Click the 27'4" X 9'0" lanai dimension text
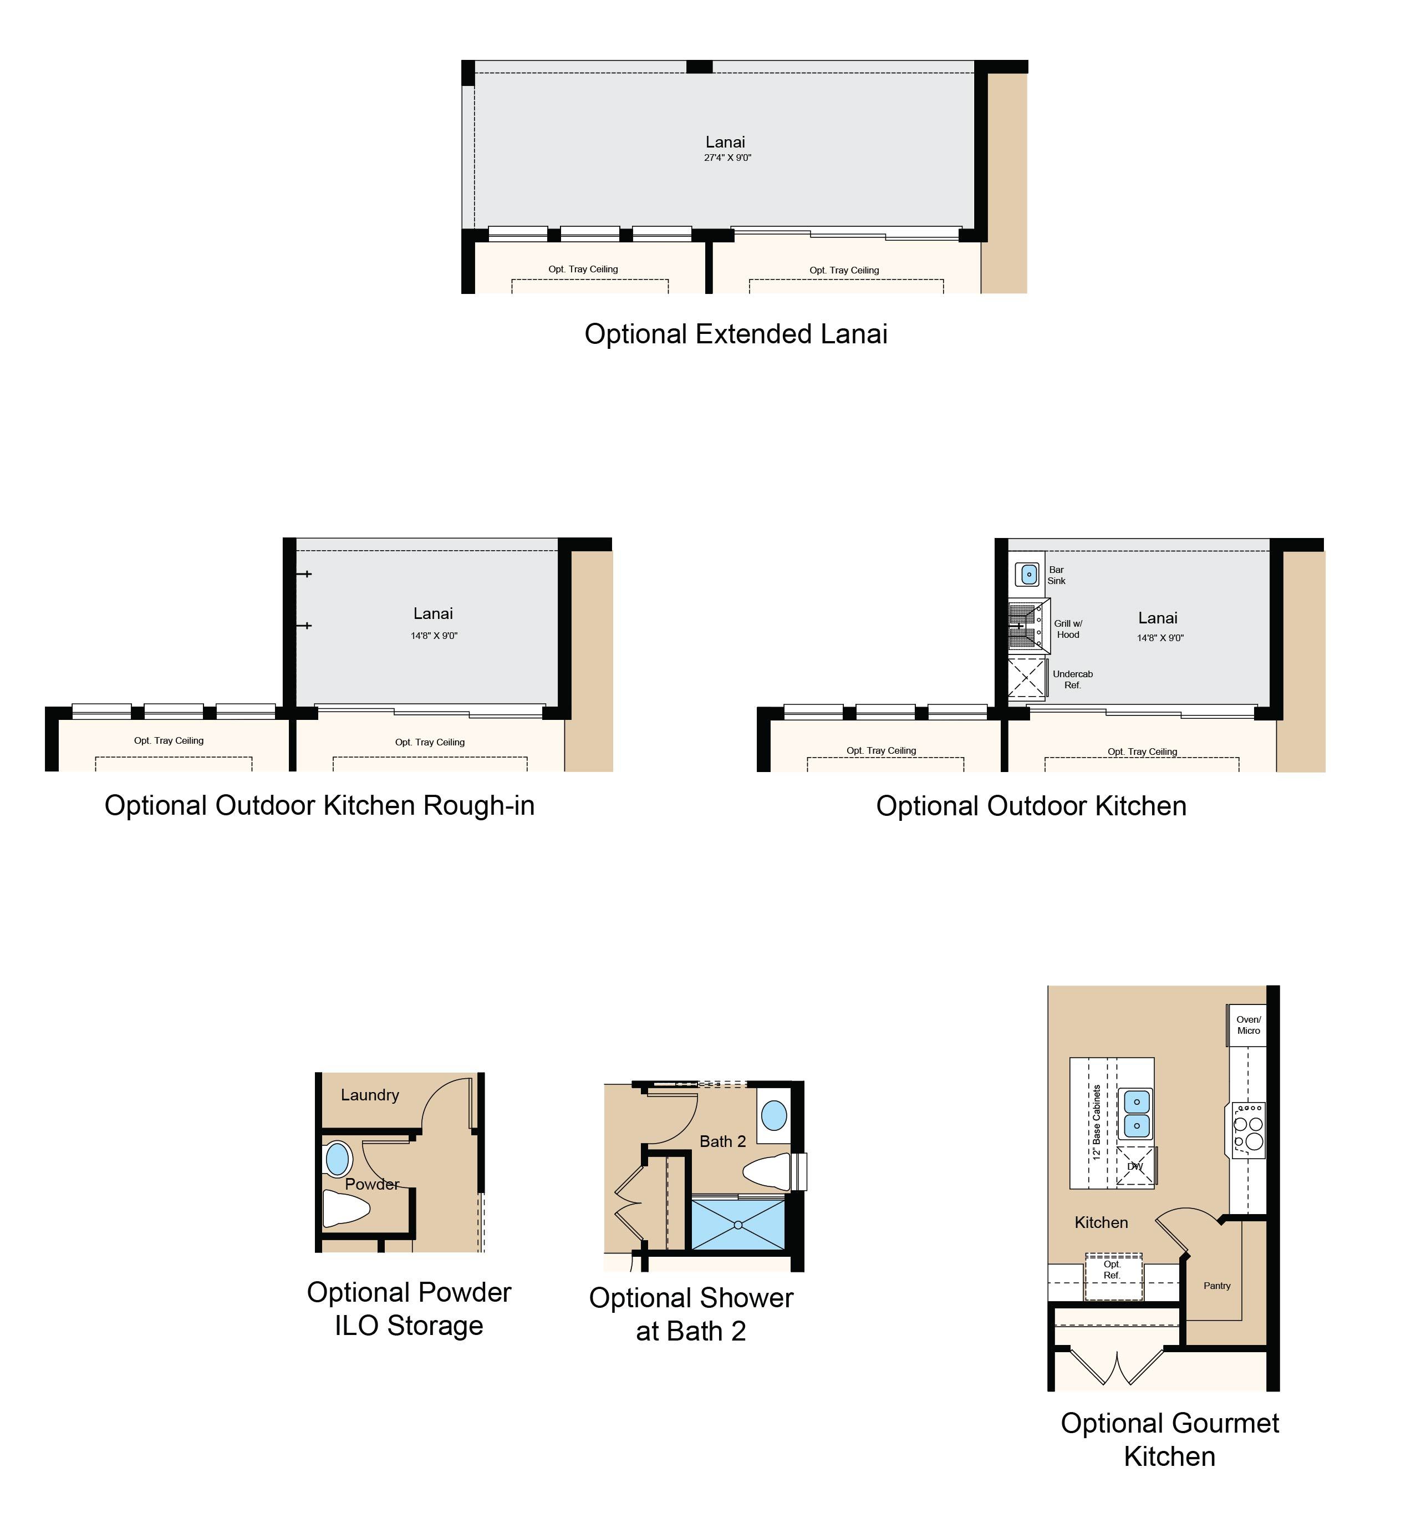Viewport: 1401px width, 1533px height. [x=727, y=158]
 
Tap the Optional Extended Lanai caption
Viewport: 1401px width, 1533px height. [x=736, y=334]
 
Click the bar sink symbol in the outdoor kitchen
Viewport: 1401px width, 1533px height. [x=1028, y=575]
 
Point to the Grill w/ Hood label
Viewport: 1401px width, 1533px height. [x=1068, y=629]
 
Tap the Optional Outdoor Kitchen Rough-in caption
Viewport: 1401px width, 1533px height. [x=319, y=805]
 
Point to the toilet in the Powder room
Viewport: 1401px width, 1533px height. [x=346, y=1209]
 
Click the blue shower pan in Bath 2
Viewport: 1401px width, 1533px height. [x=738, y=1224]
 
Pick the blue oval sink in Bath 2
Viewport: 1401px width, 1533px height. [x=774, y=1115]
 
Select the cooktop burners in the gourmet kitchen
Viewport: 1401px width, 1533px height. [x=1248, y=1130]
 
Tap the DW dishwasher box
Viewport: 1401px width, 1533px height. [x=1135, y=1166]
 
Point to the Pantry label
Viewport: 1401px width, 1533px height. [x=1217, y=1286]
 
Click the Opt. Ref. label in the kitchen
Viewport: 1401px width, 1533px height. [x=1112, y=1270]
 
